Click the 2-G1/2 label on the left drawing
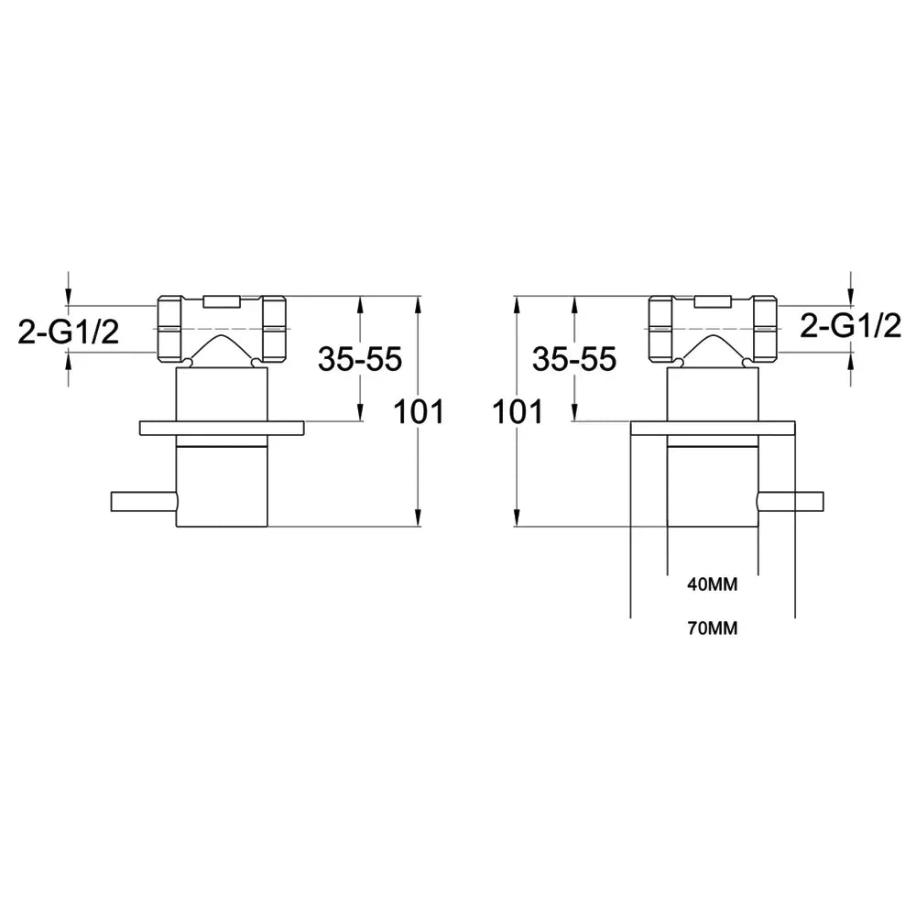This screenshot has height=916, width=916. pyautogui.click(x=69, y=333)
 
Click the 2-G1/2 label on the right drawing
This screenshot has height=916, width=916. pyautogui.click(x=851, y=325)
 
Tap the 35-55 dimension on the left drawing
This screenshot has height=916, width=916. pyautogui.click(x=360, y=359)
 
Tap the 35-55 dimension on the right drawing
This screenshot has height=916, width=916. pyautogui.click(x=574, y=359)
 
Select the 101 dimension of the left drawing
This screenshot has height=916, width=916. pyautogui.click(x=419, y=411)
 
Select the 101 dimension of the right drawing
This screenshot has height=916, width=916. pyautogui.click(x=518, y=411)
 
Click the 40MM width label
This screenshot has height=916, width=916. pyautogui.click(x=712, y=584)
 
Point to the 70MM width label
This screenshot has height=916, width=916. pyautogui.click(x=712, y=628)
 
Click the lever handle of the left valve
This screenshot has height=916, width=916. pyautogui.click(x=145, y=502)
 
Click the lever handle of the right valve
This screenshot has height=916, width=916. pyautogui.click(x=790, y=502)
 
